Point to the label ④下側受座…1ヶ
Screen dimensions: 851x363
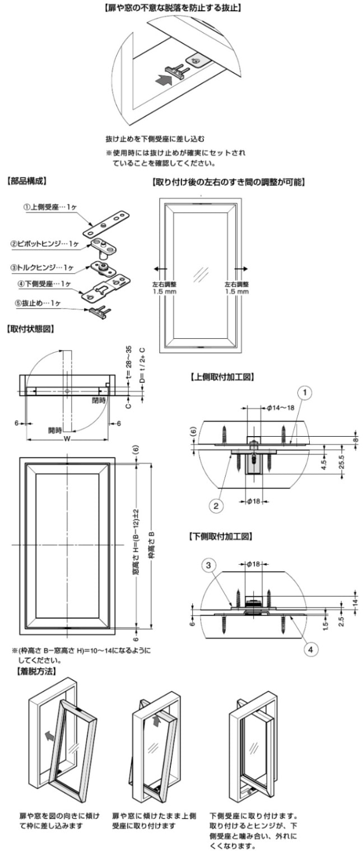point(45,284)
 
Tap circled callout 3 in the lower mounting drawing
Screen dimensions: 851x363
point(207,566)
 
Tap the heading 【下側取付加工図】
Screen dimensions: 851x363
point(221,536)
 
